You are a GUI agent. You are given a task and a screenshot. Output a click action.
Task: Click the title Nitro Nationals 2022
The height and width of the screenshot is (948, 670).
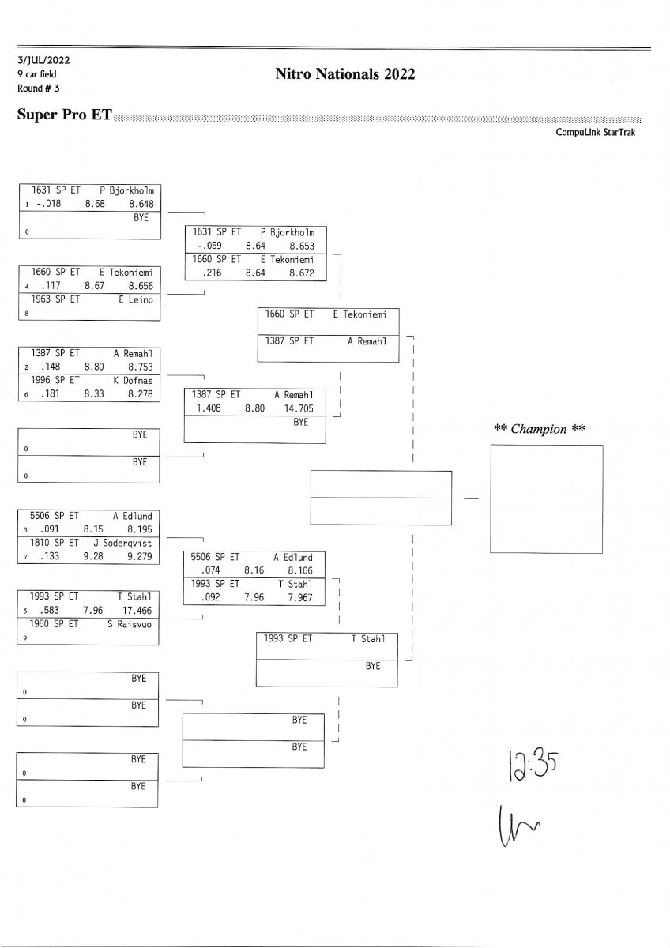(x=345, y=74)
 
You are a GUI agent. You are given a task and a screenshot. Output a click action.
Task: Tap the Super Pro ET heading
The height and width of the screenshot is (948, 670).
(x=64, y=115)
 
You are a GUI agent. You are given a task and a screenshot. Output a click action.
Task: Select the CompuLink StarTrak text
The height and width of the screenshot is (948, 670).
(x=596, y=132)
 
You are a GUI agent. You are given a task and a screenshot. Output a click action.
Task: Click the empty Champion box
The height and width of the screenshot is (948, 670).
(x=546, y=498)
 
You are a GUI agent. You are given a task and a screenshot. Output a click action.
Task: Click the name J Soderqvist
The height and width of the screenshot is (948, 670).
(x=127, y=543)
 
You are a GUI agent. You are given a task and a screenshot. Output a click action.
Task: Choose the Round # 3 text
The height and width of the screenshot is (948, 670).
(x=32, y=88)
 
